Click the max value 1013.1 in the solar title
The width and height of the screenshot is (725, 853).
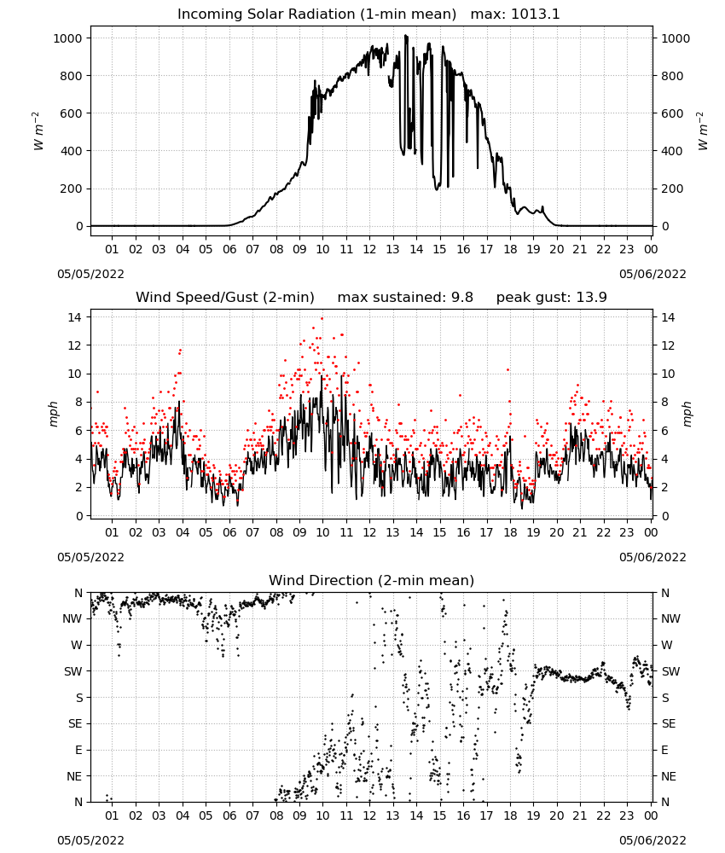(x=535, y=15)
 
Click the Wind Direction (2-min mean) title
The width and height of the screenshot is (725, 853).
(x=372, y=580)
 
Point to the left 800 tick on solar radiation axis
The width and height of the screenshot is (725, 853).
(x=71, y=76)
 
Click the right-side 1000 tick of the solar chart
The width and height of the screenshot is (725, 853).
(x=676, y=38)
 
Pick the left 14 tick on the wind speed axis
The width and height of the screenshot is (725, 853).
(x=75, y=317)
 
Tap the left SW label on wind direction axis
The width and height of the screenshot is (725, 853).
(x=72, y=671)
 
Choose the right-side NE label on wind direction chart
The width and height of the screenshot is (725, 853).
(x=669, y=776)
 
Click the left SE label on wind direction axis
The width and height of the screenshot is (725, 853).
(x=75, y=723)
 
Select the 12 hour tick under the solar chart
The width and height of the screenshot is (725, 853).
(x=369, y=249)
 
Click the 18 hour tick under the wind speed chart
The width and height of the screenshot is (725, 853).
(x=510, y=532)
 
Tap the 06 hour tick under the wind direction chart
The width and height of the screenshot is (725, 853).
(x=229, y=815)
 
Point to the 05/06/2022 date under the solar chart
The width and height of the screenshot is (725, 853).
(x=652, y=274)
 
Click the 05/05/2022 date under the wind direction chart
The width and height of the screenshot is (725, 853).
(x=90, y=840)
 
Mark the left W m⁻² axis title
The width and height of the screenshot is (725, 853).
(x=38, y=131)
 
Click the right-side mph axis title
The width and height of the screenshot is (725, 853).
(x=687, y=414)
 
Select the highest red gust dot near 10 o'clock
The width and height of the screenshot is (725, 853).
(x=322, y=319)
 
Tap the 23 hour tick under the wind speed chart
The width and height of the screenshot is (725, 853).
(x=627, y=532)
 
